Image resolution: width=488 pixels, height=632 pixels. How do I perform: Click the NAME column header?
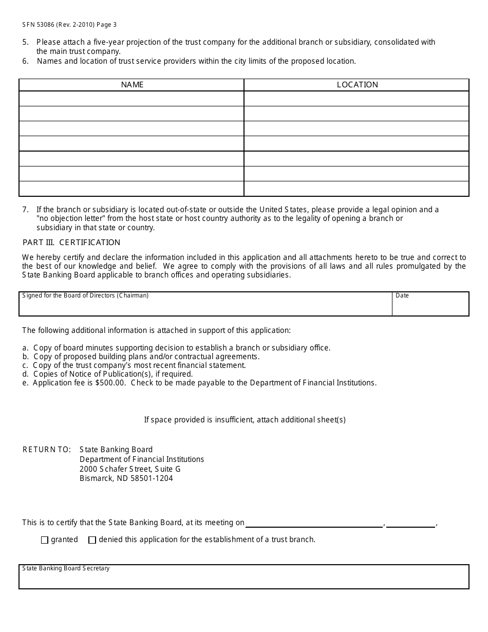click(132, 85)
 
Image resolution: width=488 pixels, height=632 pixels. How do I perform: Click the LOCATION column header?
click(357, 85)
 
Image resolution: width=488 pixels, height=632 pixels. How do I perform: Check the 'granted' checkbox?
click(45, 540)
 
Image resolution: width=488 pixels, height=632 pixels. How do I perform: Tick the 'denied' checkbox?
click(92, 540)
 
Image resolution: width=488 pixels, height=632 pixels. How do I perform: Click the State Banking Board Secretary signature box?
click(243, 579)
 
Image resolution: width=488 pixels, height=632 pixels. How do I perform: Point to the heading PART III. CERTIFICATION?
click(71, 243)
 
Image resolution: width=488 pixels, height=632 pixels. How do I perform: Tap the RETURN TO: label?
click(47, 450)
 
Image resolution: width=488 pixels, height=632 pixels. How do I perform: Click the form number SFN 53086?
click(45, 25)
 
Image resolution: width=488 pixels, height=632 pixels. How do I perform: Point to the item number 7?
click(25, 210)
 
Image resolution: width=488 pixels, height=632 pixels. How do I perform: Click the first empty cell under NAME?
click(132, 99)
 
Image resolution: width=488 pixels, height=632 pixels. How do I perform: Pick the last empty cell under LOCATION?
click(356, 189)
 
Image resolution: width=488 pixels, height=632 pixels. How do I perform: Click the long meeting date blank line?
click(314, 524)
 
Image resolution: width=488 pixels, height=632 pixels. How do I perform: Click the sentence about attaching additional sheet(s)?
click(245, 420)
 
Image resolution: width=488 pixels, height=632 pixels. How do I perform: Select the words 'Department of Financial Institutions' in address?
click(142, 459)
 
